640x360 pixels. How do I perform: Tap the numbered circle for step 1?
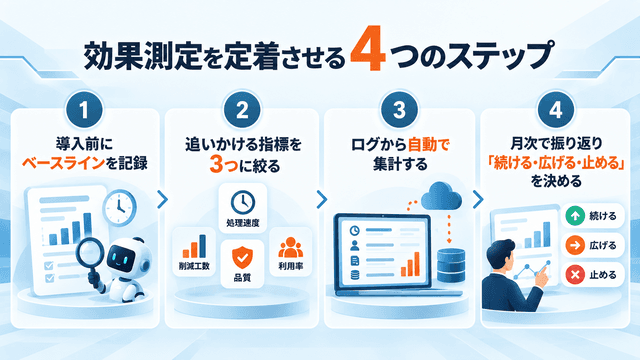tap(84, 109)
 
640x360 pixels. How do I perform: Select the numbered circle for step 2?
tap(242, 109)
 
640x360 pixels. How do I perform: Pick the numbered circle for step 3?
tap(399, 109)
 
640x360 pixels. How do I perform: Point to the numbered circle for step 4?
tap(556, 109)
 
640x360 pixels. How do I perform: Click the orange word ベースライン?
tap(63, 163)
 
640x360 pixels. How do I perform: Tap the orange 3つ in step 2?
tap(224, 165)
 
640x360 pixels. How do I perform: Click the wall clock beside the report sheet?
tap(119, 207)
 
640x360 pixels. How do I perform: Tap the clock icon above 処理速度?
tap(243, 202)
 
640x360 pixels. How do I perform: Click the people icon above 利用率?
tap(291, 247)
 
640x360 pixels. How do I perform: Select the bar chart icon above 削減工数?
tap(194, 246)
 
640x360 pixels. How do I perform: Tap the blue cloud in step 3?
tap(441, 196)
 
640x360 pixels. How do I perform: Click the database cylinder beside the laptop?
tap(451, 265)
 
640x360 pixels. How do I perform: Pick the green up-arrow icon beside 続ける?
tap(575, 216)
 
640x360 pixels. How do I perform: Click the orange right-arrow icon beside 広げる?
tap(575, 245)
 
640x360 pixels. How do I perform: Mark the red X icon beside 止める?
tap(575, 275)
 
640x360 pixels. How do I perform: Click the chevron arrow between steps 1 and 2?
tap(162, 200)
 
